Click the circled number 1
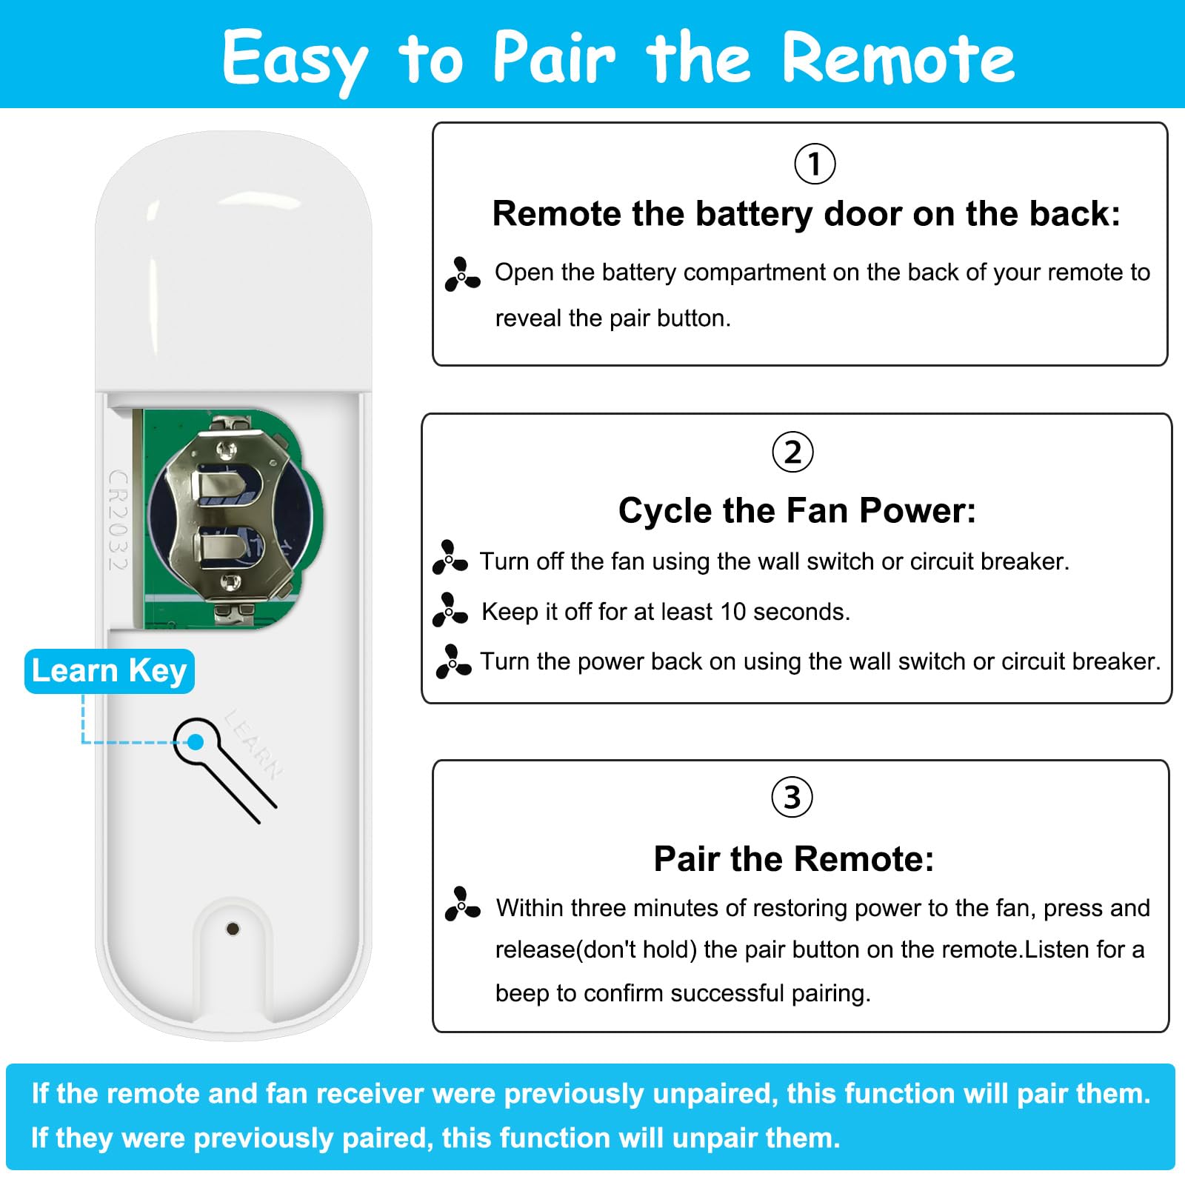815,164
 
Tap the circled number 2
792,452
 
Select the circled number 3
792,798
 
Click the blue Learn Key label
110,671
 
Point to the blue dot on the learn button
196,742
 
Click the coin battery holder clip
226,517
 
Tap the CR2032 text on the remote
118,520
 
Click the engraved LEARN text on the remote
254,744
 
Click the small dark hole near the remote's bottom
232,929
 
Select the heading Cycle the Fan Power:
797,511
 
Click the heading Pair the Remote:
793,859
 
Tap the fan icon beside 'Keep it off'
450,610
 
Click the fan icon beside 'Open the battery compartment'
462,274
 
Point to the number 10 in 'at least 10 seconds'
732,612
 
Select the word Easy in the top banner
294,59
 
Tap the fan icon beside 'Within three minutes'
462,904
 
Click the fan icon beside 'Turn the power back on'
453,661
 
